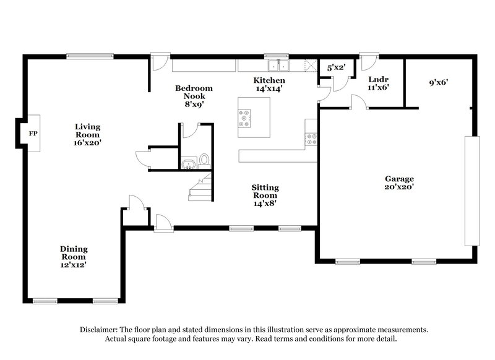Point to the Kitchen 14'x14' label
point(270,84)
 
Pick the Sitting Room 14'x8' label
point(265,195)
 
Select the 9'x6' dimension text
point(439,82)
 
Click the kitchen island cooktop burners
point(245,118)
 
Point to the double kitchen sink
point(278,65)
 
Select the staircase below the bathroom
point(201,187)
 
